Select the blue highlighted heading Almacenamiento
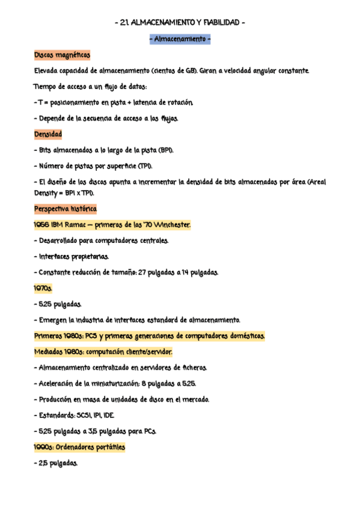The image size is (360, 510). tap(180, 40)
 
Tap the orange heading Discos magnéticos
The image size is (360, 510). tap(63, 55)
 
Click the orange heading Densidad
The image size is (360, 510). tap(48, 134)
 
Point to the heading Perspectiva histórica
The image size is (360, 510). tap(66, 209)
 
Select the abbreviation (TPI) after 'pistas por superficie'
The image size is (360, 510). tap(144, 165)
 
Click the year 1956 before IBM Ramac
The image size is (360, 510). tap(42, 225)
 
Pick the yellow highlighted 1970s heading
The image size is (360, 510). tap(43, 288)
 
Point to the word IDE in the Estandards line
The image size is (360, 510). tap(108, 415)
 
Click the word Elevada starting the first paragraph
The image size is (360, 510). tap(47, 71)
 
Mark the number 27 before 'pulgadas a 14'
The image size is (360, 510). tap(144, 272)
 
